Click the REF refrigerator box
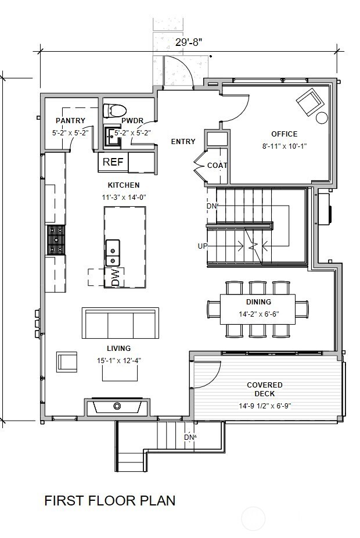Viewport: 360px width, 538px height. [x=113, y=162]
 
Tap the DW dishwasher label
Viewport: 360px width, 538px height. [x=116, y=277]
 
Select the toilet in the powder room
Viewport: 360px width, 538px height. [x=115, y=110]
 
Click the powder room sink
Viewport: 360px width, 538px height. [x=113, y=137]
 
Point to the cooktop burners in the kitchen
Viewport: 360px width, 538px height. [x=56, y=240]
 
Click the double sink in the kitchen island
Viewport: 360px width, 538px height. [x=113, y=253]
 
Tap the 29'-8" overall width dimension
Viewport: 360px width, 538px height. [x=189, y=42]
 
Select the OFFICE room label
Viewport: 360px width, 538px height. [x=285, y=134]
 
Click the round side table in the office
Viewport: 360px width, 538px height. [x=322, y=118]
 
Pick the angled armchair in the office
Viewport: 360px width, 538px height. [x=310, y=102]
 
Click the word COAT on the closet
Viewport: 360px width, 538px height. [x=217, y=166]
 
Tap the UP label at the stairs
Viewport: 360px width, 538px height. [x=203, y=246]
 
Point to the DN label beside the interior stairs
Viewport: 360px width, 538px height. [x=211, y=206]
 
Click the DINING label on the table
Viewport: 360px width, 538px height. [x=258, y=302]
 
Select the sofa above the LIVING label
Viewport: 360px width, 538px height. [x=120, y=324]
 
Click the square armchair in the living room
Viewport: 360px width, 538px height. [x=67, y=361]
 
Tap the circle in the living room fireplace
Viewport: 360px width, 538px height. [x=117, y=406]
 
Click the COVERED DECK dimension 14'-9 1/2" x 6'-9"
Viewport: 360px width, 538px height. [x=265, y=406]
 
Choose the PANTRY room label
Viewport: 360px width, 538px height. [x=70, y=120]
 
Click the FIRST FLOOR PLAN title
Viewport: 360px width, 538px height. [x=110, y=501]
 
